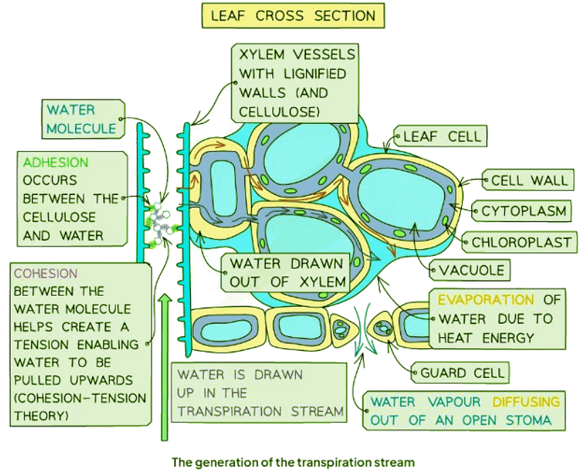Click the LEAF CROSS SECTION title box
click(x=292, y=16)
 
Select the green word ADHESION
click(x=56, y=163)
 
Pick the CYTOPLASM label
click(x=523, y=212)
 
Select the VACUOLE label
click(x=472, y=270)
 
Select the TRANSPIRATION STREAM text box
click(x=258, y=393)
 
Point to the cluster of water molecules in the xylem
click(x=161, y=221)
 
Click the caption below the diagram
click(x=292, y=463)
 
